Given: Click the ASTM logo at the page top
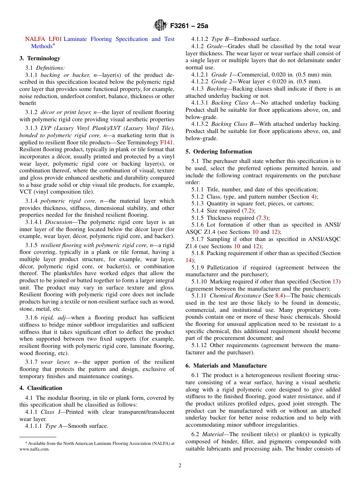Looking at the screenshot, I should [x=160, y=26].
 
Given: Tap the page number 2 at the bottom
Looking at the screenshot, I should [x=180, y=465].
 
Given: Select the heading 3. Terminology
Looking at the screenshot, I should [x=40, y=58].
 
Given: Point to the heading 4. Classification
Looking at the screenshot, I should [x=41, y=388].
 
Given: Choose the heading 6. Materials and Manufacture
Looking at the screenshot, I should [x=226, y=365].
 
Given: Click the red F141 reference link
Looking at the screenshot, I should [x=167, y=142].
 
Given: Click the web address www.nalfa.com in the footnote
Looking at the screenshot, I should [x=34, y=449].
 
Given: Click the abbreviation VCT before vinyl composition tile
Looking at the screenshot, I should [x=26, y=192].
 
